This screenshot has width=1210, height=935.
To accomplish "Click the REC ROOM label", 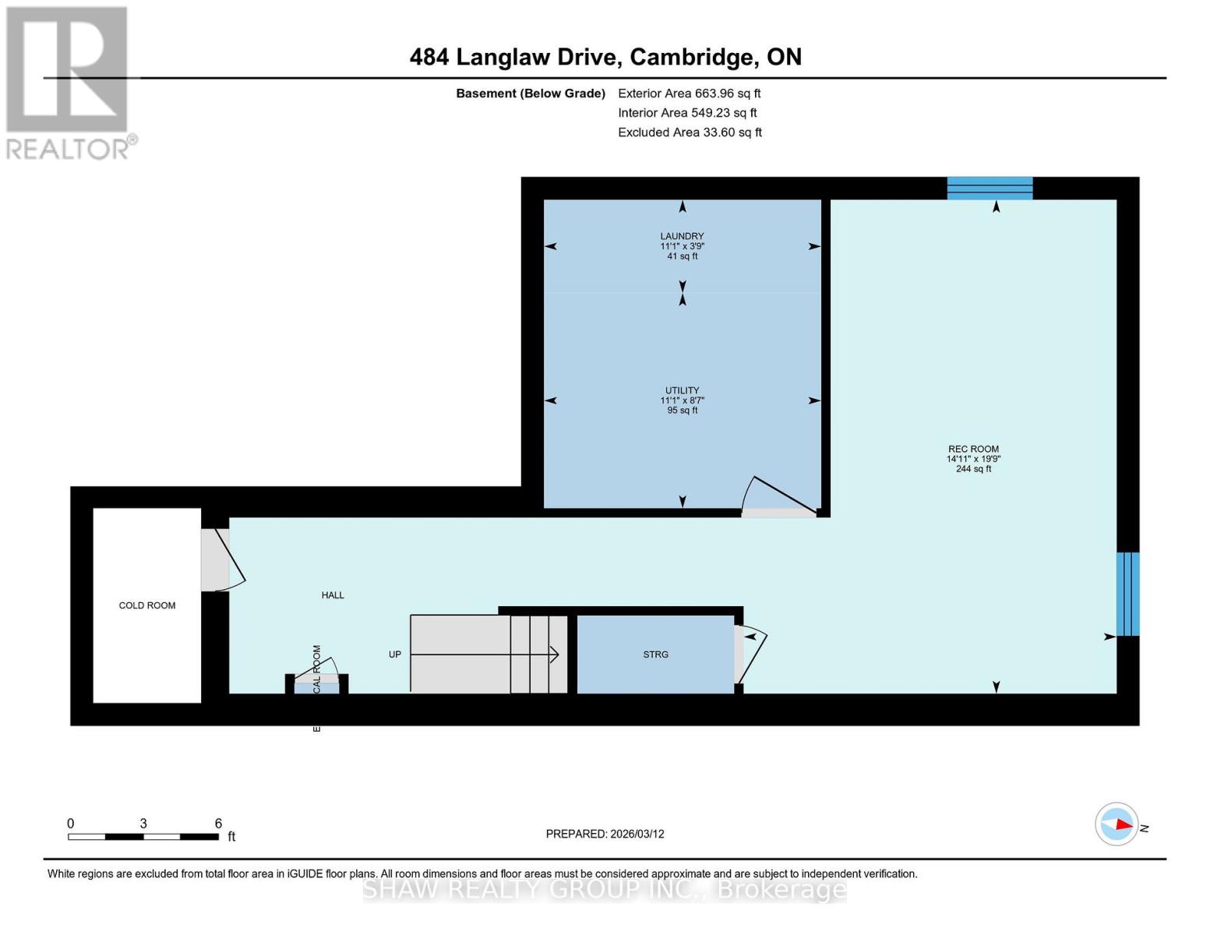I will [x=973, y=449].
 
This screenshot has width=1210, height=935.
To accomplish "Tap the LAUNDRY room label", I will [x=682, y=236].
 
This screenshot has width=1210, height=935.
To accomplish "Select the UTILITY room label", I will [x=682, y=390].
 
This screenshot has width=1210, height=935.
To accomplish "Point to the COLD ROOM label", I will [x=147, y=605].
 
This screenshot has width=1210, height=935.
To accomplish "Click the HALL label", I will [x=333, y=595].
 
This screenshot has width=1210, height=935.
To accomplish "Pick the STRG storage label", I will [x=655, y=654].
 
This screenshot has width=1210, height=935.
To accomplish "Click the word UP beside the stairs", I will [x=395, y=654].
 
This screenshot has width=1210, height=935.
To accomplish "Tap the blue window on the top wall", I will [x=990, y=189].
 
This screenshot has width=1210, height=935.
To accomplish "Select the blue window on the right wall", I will [x=1127, y=594].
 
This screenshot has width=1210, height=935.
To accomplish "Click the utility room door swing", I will [x=775, y=497].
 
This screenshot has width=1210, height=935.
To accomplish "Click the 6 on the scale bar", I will [x=218, y=824].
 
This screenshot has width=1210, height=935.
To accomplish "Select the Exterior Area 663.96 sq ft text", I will [x=689, y=93].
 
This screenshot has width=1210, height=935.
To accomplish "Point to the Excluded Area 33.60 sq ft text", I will [x=690, y=132].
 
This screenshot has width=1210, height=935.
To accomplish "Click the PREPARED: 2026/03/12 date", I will [x=605, y=834].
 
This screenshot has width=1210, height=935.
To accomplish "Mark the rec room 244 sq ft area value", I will [x=973, y=469].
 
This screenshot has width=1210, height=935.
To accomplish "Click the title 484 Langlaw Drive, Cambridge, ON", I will [x=605, y=57].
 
